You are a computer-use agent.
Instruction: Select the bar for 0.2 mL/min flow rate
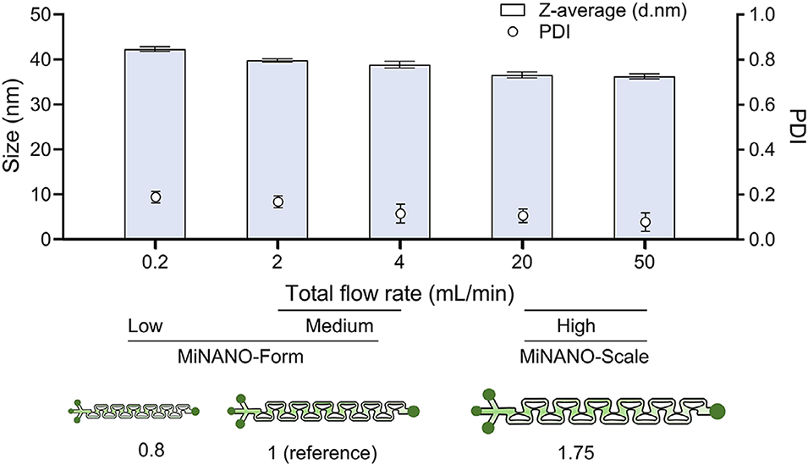coord(155,144)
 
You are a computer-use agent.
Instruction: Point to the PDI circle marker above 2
coord(278,202)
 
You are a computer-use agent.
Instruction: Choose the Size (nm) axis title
coord(12,127)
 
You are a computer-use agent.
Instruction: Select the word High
coord(578,327)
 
